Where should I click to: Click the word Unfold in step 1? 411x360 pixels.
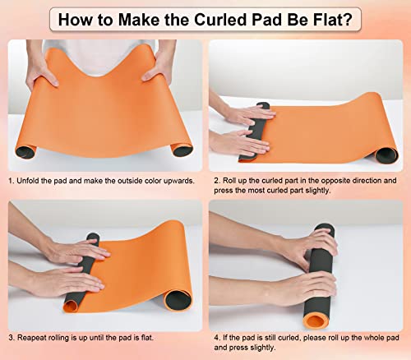[34, 180]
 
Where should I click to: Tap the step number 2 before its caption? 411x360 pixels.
[215, 180]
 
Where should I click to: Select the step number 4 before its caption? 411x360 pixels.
[215, 336]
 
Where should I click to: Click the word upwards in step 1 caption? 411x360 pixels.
[176, 180]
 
